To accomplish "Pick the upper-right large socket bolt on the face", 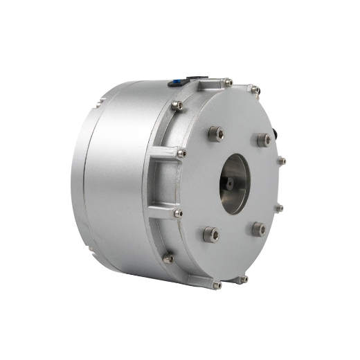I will click(x=264, y=139).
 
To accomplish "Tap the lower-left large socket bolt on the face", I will click(x=210, y=234).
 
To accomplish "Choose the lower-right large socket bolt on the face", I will click(x=258, y=228).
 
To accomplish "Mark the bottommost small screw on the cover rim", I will click(x=217, y=285).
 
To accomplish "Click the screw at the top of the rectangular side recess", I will click(x=181, y=153).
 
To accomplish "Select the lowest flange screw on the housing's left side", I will click(x=168, y=259).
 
